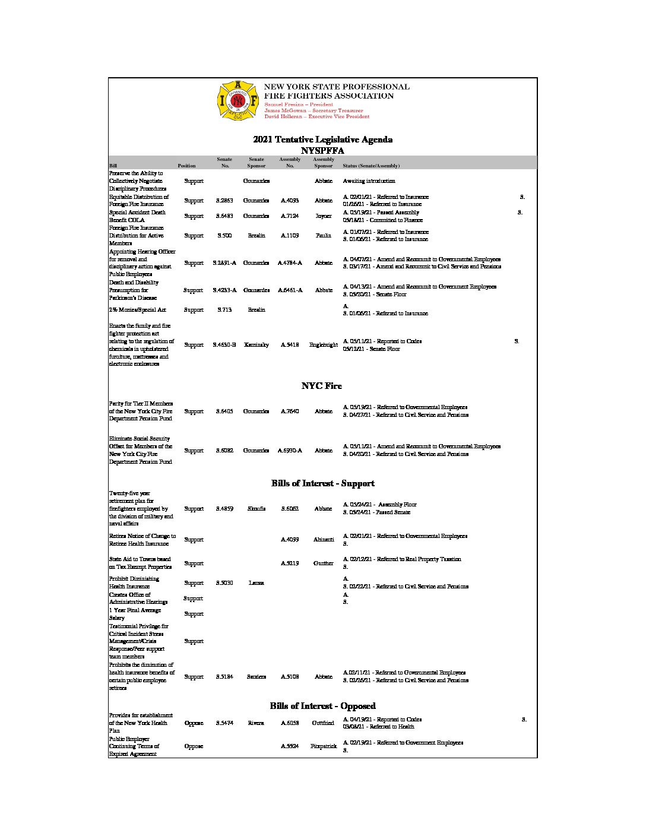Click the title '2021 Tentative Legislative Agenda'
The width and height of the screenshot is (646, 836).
coord(322,140)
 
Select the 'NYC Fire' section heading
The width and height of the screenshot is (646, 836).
coord(322,386)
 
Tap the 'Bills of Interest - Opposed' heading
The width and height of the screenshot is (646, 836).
coord(322,706)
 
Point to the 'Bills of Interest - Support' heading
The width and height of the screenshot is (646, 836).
coord(322,483)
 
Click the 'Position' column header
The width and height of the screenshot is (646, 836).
coord(186,166)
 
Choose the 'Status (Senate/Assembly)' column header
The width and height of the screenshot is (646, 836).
coord(371,166)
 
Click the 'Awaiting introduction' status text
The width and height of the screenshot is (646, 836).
coord(369,181)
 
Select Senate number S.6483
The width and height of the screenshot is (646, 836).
coord(224,216)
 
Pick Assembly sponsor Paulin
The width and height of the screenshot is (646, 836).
coord(324,236)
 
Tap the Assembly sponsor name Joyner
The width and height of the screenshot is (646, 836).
coord(324,216)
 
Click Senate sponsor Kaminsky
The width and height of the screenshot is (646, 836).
coord(256,345)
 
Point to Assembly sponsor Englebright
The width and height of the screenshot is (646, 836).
coord(324,345)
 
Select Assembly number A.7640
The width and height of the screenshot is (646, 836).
coord(290,411)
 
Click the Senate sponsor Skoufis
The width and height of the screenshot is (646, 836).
coord(256,509)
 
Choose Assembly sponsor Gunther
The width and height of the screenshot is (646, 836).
coord(324,563)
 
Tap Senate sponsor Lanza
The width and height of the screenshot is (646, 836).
coord(256,583)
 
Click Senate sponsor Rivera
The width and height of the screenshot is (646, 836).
coord(256,723)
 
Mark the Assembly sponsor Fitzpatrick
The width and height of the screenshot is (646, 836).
coord(324,746)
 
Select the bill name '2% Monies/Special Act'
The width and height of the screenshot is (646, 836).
coord(138,310)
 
